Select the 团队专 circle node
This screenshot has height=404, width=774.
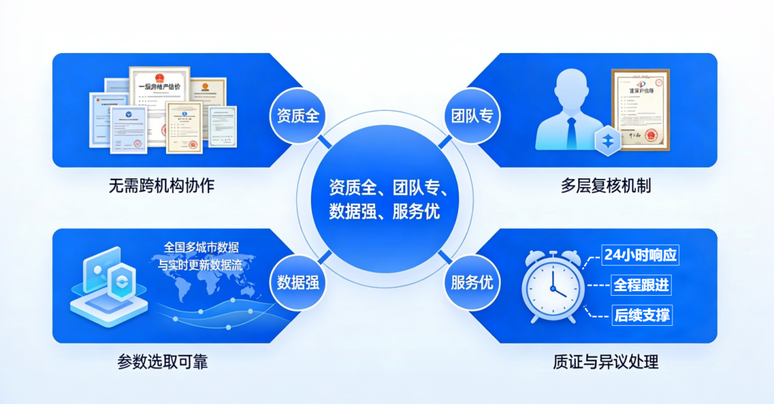[472, 116]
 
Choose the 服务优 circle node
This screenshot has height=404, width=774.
[472, 282]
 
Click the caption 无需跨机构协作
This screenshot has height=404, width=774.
[161, 186]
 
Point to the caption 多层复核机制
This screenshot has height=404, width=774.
[606, 186]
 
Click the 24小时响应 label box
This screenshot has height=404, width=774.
[641, 255]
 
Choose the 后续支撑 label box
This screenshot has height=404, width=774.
[642, 316]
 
